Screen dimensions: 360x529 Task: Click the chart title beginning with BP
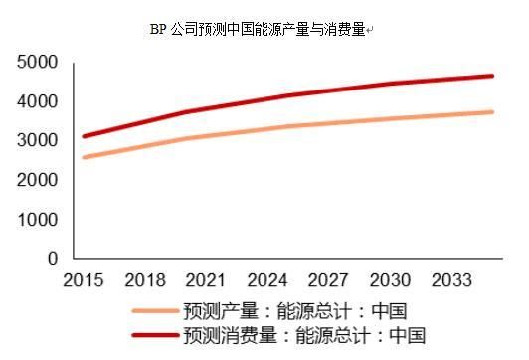click(261, 30)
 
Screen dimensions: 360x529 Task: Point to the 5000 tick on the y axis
click(38, 64)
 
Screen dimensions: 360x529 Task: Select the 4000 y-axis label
click(38, 102)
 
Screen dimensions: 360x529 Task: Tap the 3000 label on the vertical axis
click(38, 141)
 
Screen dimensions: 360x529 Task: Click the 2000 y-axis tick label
click(38, 180)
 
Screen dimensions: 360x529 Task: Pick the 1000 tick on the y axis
click(38, 219)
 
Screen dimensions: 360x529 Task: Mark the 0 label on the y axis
click(53, 258)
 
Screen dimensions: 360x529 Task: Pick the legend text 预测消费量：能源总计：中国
click(304, 335)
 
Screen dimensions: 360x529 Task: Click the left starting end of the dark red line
click(85, 136)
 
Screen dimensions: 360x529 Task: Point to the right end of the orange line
click(492, 112)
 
